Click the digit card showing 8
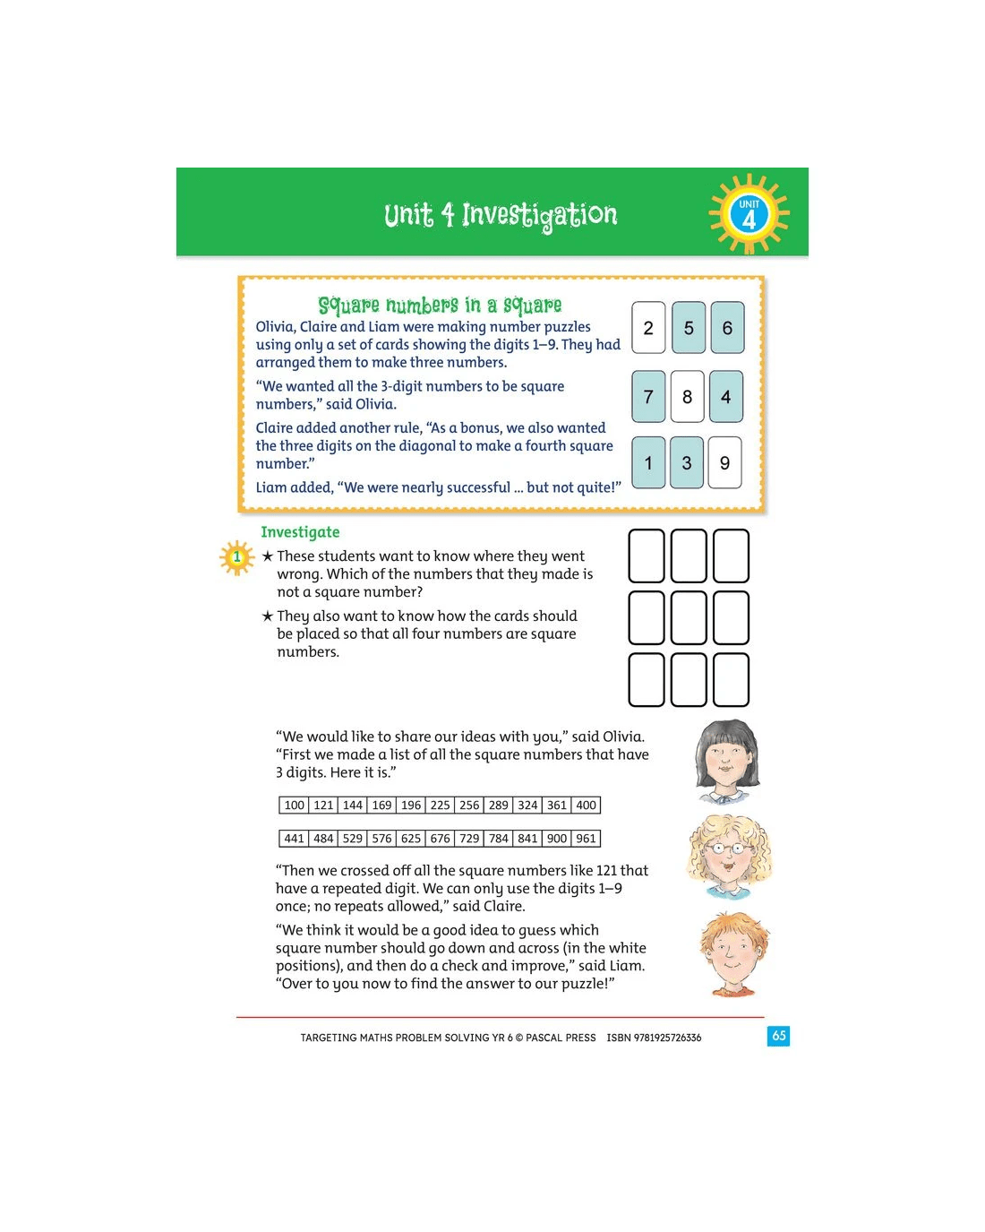pos(687,396)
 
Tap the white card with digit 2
pos(648,327)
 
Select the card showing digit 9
pos(724,462)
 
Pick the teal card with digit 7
pos(648,396)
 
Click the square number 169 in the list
pos(381,805)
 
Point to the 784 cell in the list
pos(498,839)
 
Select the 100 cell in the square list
pos(295,805)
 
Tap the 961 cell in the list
pos(586,839)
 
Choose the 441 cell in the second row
pos(295,839)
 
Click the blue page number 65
pos(778,1036)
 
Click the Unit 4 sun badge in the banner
pos(749,214)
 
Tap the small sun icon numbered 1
pos(236,557)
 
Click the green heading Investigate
pos(300,532)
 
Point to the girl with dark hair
pos(727,762)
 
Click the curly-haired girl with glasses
pos(729,857)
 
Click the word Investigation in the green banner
pos(539,216)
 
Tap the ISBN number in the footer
pos(654,1038)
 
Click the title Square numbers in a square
pos(440,306)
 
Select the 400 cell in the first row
pos(586,805)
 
